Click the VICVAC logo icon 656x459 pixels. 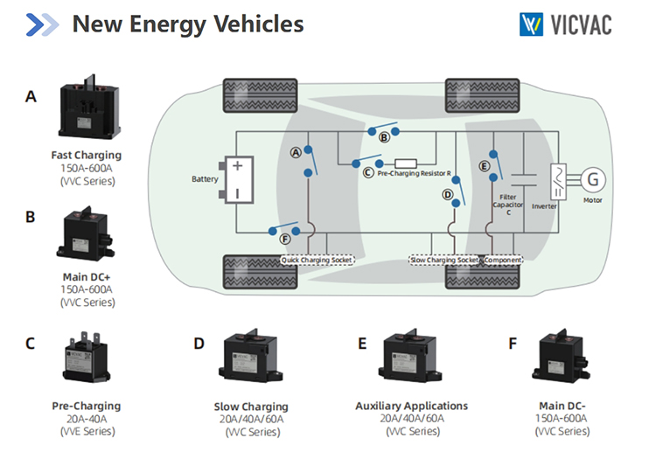click(530, 24)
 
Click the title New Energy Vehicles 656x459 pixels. click(187, 24)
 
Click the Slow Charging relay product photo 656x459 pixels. click(251, 362)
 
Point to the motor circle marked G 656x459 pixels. click(594, 179)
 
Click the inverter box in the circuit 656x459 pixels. click(557, 180)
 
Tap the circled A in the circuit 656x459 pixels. click(296, 152)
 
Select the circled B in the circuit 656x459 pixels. click(383, 138)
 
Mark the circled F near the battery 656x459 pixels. click(285, 237)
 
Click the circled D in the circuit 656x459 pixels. click(447, 195)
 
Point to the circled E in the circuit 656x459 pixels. click(484, 166)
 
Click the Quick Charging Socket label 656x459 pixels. click(317, 260)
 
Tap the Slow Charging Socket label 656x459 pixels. click(444, 260)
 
